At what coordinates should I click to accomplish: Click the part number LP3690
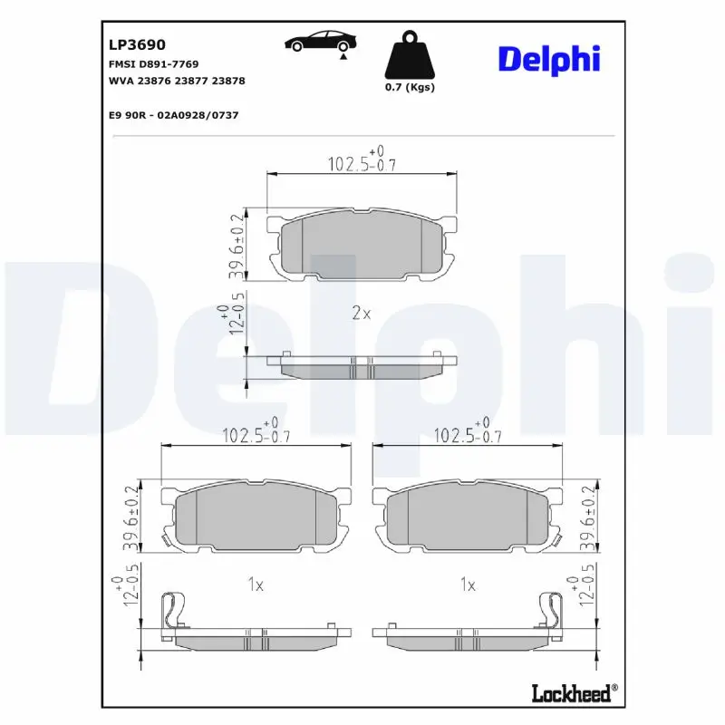pyautogui.click(x=136, y=43)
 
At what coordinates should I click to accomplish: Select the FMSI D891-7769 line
pyautogui.click(x=153, y=64)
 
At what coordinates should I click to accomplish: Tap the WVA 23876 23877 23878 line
pyautogui.click(x=176, y=81)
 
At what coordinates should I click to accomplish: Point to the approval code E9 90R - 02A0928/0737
pyautogui.click(x=172, y=116)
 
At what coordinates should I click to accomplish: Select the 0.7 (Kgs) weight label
pyautogui.click(x=410, y=88)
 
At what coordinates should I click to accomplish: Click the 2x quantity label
pyautogui.click(x=361, y=314)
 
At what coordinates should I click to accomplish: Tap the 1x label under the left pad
pyautogui.click(x=256, y=585)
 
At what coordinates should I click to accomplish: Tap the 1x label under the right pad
pyautogui.click(x=468, y=585)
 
